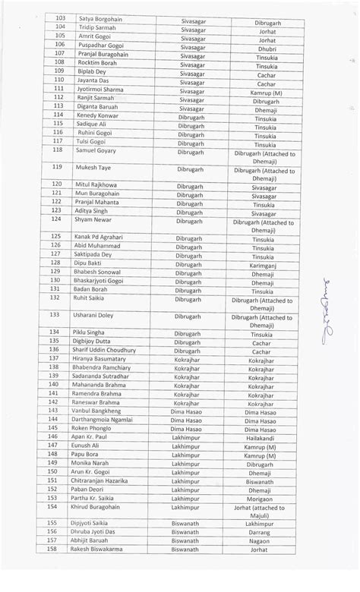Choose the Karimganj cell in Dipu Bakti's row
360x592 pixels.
coord(266,267)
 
